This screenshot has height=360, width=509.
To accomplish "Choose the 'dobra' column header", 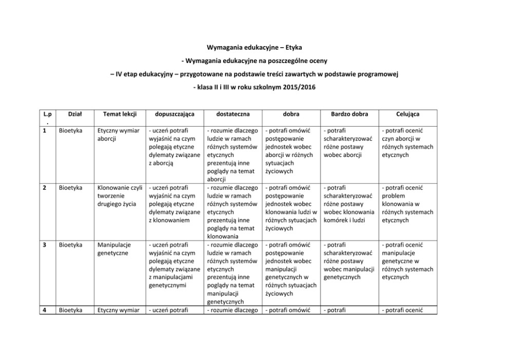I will click(x=291, y=114).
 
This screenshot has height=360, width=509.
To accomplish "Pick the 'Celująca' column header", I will click(x=408, y=114).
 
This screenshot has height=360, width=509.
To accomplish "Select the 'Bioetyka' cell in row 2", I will click(x=70, y=188).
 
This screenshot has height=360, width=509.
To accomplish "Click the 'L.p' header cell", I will click(x=45, y=117).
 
